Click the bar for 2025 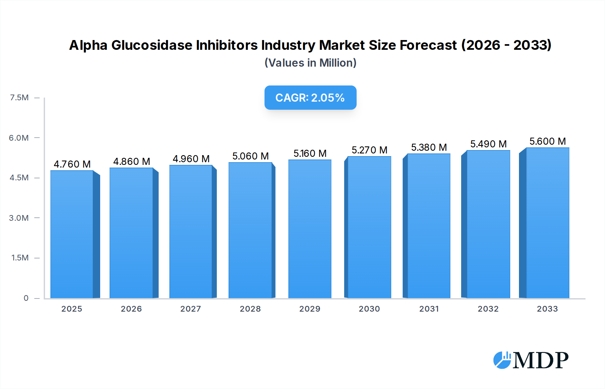(x=72, y=234)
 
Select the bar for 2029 (x=310, y=229)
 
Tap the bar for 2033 (x=548, y=223)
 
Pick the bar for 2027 (x=191, y=232)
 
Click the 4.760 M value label (x=72, y=164)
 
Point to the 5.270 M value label (x=369, y=150)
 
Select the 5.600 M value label (x=548, y=141)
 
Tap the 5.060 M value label (x=250, y=156)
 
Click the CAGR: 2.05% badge (x=310, y=98)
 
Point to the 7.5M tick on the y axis (x=19, y=98)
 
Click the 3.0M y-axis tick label (x=19, y=218)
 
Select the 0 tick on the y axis (x=26, y=298)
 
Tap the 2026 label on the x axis (x=131, y=309)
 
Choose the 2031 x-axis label (x=429, y=309)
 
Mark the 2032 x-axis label (x=488, y=309)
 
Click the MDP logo (x=531, y=360)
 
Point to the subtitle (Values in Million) (x=310, y=63)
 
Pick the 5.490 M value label (x=488, y=144)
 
